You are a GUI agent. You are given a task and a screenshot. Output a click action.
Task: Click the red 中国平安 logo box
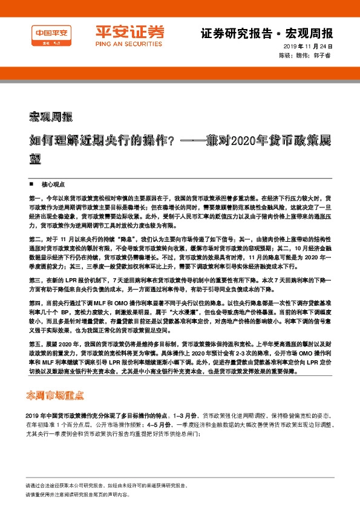tap(51, 36)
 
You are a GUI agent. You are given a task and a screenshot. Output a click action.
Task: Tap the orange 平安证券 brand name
tap(121, 31)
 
